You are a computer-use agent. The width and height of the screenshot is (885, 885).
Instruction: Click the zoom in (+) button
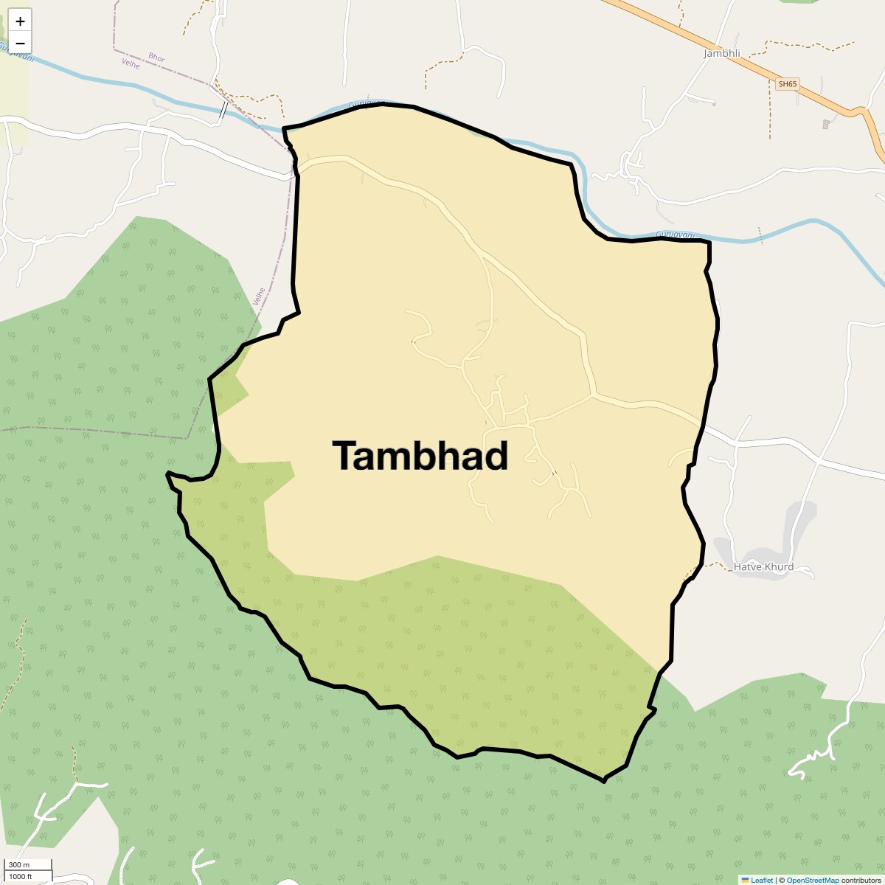[x=20, y=21]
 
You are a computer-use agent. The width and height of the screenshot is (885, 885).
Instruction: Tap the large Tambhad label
[x=420, y=456]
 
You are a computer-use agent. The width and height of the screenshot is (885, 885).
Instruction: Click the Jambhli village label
[x=721, y=53]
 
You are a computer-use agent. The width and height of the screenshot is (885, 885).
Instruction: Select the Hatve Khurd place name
[x=763, y=567]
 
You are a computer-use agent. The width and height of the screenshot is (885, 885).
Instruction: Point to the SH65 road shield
[x=788, y=84]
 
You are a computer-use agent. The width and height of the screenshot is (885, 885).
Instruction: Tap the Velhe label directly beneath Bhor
[x=131, y=65]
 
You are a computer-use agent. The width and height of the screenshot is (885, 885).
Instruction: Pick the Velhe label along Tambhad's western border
[x=259, y=296]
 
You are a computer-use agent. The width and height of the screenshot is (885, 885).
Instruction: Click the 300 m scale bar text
[x=19, y=864]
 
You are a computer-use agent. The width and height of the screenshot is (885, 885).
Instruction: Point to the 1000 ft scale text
[x=21, y=876]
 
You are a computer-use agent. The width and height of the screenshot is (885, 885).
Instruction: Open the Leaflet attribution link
[x=762, y=880]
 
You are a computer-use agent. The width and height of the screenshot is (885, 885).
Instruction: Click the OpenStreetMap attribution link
[x=812, y=880]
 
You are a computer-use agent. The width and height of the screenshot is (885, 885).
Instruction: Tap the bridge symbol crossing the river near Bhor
[x=223, y=111]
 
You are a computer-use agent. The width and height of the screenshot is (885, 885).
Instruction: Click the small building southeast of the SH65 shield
[x=825, y=124]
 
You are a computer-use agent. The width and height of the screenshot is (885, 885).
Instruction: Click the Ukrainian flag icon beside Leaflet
[x=745, y=880]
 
